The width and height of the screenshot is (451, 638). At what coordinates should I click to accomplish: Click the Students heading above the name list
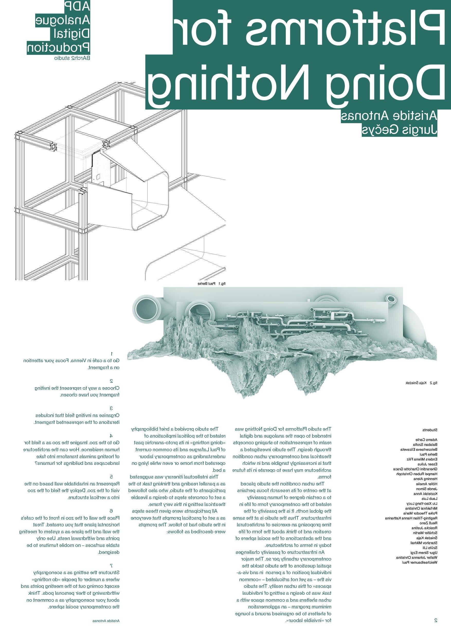point(430,430)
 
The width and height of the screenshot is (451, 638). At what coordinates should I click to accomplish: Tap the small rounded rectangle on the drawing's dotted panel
point(98,176)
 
